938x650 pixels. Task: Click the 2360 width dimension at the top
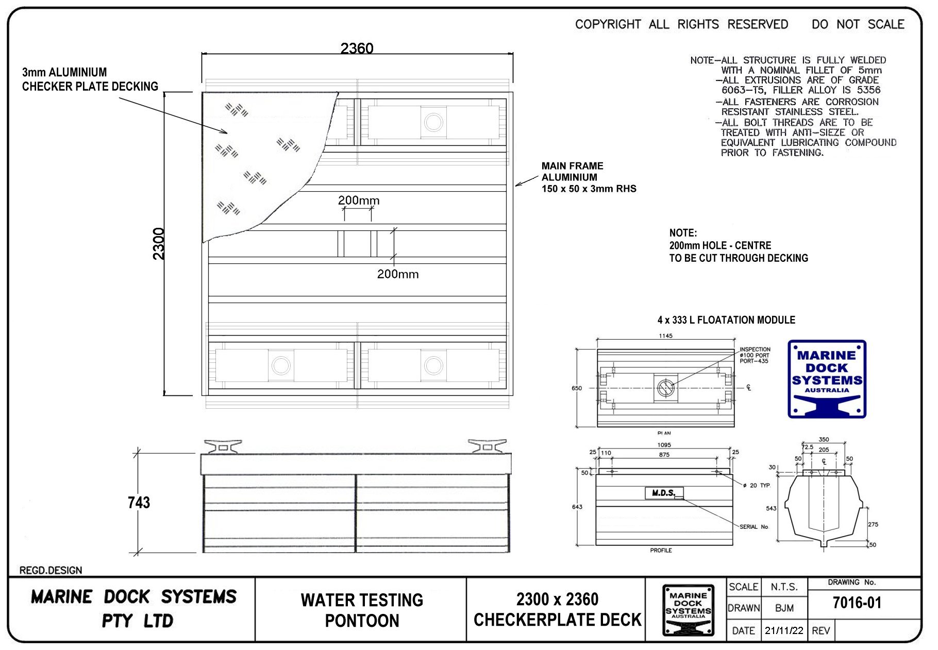pyautogui.click(x=357, y=48)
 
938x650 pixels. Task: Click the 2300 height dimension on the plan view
pyautogui.click(x=159, y=243)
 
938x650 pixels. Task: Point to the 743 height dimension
pyautogui.click(x=139, y=503)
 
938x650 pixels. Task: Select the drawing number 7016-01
pyautogui.click(x=857, y=603)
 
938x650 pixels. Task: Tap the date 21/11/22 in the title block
pyautogui.click(x=784, y=630)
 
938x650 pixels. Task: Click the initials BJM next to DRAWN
pyautogui.click(x=784, y=608)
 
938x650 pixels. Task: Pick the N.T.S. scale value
pyautogui.click(x=784, y=587)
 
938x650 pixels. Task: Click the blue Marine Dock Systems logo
pyautogui.click(x=827, y=379)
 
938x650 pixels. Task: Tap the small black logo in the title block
pyautogui.click(x=688, y=610)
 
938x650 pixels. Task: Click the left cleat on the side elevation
pyautogui.click(x=223, y=446)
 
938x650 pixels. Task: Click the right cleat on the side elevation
pyautogui.click(x=487, y=446)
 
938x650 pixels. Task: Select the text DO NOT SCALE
pyautogui.click(x=858, y=24)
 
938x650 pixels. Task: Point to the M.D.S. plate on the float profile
pyautogui.click(x=664, y=493)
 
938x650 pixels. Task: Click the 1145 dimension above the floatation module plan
pyautogui.click(x=665, y=336)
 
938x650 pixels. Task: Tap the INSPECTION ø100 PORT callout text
pyautogui.click(x=755, y=355)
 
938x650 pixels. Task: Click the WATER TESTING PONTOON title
pyautogui.click(x=362, y=610)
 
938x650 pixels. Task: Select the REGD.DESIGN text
pyautogui.click(x=51, y=570)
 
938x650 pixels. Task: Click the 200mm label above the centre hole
pyautogui.click(x=359, y=201)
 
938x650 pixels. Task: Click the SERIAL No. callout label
pyautogui.click(x=754, y=527)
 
